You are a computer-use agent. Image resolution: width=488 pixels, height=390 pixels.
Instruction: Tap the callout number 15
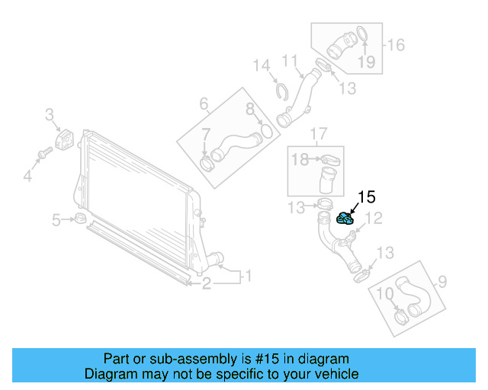point(366,197)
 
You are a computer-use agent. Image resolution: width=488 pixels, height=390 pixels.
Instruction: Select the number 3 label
point(50,115)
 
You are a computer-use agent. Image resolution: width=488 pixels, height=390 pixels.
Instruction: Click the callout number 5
point(56,221)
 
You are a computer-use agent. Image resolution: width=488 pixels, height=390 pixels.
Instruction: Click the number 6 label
point(204,103)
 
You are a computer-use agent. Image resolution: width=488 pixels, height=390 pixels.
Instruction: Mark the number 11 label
point(290,60)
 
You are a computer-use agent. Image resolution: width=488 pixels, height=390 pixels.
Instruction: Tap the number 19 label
point(367,62)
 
